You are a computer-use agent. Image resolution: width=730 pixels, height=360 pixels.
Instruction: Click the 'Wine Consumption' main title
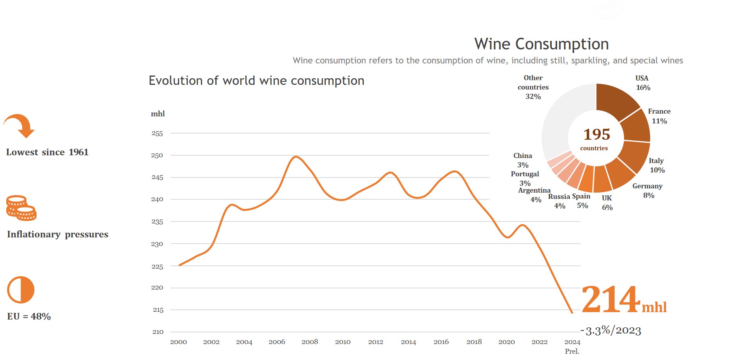pos(541,44)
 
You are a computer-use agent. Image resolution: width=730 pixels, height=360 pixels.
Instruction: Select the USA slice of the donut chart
pos(615,100)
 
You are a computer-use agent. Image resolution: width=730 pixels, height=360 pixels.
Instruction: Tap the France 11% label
pos(659,116)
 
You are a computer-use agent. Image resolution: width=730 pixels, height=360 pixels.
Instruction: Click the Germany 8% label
pos(647,191)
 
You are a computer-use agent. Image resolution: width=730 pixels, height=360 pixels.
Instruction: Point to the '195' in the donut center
pos(596,135)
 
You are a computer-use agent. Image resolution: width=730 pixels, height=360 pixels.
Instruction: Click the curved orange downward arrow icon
pos(20,125)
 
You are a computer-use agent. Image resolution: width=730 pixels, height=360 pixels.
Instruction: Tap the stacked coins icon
pos(21,208)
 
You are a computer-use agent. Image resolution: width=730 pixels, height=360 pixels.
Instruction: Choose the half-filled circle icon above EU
pos(21,290)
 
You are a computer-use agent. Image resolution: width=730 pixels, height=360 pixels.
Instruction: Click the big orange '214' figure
pos(610,300)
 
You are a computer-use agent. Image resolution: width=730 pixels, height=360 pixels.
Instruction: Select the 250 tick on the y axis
pos(157,155)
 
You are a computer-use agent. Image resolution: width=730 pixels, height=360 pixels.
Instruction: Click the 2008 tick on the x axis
pos(310,342)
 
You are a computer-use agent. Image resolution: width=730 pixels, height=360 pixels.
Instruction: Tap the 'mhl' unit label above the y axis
pos(158,114)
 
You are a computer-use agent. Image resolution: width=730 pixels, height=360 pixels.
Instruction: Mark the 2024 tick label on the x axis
pos(572,342)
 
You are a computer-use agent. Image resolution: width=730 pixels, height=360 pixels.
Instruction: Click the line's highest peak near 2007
pos(296,157)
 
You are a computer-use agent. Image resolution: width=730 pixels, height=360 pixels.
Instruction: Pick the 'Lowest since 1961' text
pos(47,152)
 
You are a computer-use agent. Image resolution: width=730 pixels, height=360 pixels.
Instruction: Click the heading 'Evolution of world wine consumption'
pos(257,81)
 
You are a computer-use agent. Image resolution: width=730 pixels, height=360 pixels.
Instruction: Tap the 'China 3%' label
pos(522,160)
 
